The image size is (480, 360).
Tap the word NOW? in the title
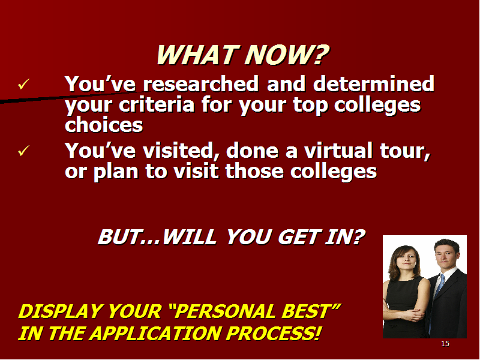coord(287,55)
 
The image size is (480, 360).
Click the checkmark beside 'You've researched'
coord(23,84)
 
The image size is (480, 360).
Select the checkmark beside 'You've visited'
coord(23,151)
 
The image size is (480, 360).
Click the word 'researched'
coord(201,83)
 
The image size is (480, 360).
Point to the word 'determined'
coord(374,83)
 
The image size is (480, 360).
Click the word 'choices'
coord(104,125)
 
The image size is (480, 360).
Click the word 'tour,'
coord(405,151)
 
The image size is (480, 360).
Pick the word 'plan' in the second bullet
coord(116,172)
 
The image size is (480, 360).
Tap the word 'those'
coord(254,171)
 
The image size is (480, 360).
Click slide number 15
coord(445,344)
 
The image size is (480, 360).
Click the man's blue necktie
coord(439,289)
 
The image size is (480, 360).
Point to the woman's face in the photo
coord(406,260)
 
